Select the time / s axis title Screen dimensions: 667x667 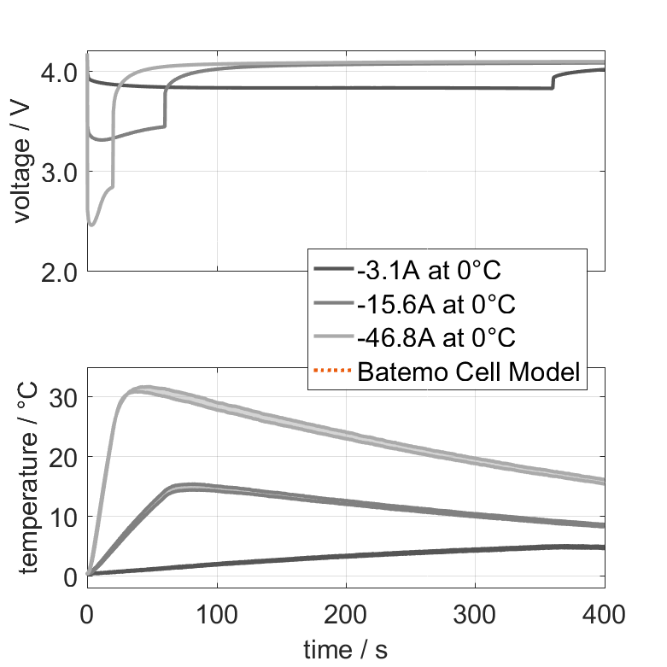pos(345,650)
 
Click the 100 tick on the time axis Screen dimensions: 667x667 pos(217,613)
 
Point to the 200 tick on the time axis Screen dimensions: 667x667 pos(346,613)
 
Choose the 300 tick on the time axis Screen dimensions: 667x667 pos(475,613)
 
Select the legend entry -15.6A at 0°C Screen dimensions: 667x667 pos(436,305)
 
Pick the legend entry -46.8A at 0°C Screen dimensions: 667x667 pos(436,338)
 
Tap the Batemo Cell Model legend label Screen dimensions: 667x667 pos(469,372)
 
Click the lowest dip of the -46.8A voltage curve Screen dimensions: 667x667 pos(92,225)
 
